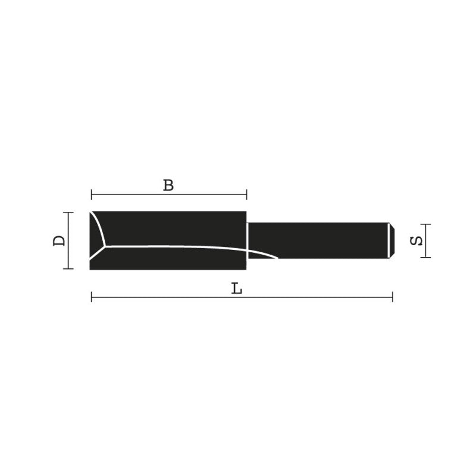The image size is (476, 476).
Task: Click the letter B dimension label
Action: pyautogui.click(x=168, y=185)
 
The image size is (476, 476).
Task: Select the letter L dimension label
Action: pyautogui.click(x=237, y=289)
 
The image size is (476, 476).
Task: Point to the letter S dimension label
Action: pyautogui.click(x=417, y=241)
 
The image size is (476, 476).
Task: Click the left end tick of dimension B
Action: pyautogui.click(x=92, y=194)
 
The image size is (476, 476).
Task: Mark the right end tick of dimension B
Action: pyautogui.click(x=246, y=194)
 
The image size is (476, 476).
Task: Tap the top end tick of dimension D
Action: pyautogui.click(x=69, y=212)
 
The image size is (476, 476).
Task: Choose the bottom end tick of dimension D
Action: pyautogui.click(x=69, y=269)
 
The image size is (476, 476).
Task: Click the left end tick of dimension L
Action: pyautogui.click(x=92, y=296)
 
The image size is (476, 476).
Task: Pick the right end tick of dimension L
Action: pyautogui.click(x=392, y=296)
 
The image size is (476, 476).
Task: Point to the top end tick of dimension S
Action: pyautogui.click(x=425, y=224)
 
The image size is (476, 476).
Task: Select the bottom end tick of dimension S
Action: pyautogui.click(x=425, y=257)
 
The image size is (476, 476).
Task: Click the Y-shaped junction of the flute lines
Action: pyautogui.click(x=105, y=245)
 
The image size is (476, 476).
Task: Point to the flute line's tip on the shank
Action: pyautogui.click(x=277, y=258)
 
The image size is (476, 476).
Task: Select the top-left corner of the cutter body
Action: pyautogui.click(x=91, y=212)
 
